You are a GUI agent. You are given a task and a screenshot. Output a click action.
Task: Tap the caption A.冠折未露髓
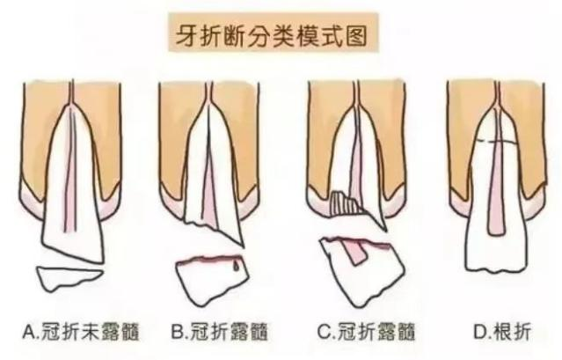click(81, 332)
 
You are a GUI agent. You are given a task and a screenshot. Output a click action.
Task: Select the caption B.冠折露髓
click(219, 332)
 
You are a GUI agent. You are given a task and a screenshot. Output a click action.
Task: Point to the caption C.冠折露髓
click(366, 332)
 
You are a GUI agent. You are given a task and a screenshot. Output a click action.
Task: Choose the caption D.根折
click(502, 332)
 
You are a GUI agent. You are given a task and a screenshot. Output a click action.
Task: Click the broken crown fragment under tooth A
click(68, 277)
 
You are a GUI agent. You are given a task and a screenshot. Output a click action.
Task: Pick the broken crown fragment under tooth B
click(211, 280)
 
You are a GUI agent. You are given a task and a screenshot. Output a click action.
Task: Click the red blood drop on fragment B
click(236, 266)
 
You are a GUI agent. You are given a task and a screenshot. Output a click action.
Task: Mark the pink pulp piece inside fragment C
click(354, 253)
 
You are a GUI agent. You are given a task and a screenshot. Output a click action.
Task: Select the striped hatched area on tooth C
click(345, 204)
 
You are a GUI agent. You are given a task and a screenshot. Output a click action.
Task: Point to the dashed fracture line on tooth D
click(498, 142)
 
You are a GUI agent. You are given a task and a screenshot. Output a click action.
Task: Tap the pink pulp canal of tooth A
click(70, 173)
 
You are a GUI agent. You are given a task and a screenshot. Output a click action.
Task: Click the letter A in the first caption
click(29, 332)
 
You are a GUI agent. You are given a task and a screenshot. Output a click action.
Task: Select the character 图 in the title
click(356, 36)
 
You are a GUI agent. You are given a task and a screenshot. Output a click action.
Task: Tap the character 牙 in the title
click(186, 36)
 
